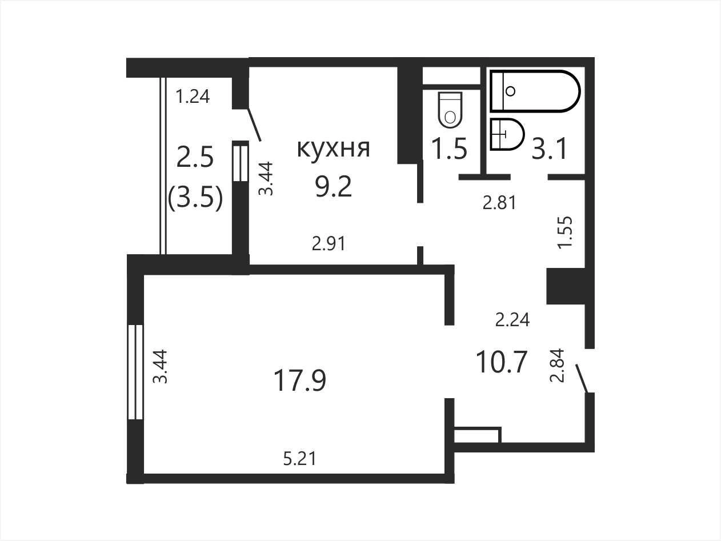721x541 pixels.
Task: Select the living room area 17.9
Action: coord(299,380)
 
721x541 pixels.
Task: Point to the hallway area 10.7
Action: coord(501,362)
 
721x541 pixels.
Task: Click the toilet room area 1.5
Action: coord(449,149)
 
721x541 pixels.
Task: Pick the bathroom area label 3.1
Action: coord(549,149)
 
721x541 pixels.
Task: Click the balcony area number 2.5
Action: coord(195,157)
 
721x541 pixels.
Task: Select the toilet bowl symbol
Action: coord(450,109)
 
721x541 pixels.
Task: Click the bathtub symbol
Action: coord(535,91)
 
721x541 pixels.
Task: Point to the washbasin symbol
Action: coord(507,134)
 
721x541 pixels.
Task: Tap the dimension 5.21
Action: coord(299,459)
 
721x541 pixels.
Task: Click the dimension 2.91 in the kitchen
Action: coord(329,244)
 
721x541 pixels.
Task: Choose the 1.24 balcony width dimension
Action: coord(193,97)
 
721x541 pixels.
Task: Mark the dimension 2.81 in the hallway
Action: coord(499,203)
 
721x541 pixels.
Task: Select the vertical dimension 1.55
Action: coord(566,233)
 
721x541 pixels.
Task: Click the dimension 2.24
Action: coord(512,319)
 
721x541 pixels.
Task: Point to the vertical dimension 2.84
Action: coord(557,365)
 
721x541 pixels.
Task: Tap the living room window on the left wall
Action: coord(135,372)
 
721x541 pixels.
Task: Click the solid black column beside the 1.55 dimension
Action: coord(566,286)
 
